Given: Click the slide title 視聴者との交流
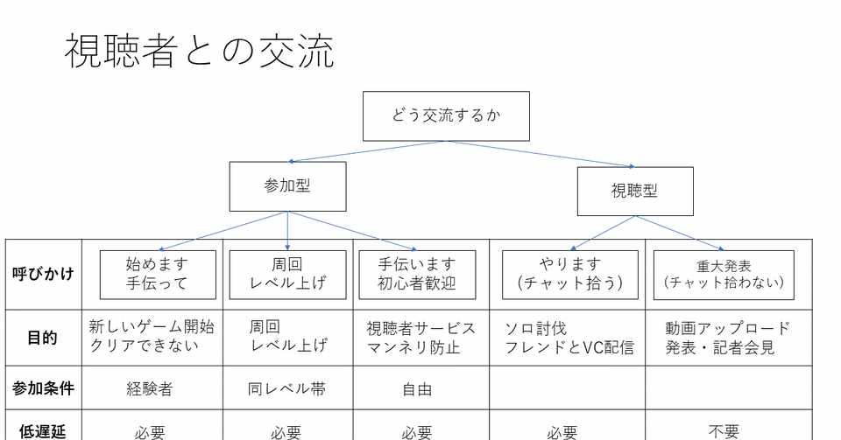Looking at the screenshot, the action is click(200, 52).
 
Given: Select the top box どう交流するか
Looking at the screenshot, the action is click(446, 116).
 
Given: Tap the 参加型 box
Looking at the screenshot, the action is click(287, 186).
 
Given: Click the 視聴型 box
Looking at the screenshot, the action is click(635, 191).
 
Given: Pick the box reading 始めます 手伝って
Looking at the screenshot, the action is click(158, 275).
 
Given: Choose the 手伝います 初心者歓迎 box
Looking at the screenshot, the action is click(417, 275).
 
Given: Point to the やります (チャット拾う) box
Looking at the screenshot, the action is click(570, 275).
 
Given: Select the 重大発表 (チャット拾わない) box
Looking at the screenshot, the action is click(724, 275).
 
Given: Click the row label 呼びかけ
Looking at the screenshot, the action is click(43, 274).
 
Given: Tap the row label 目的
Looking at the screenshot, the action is click(42, 338).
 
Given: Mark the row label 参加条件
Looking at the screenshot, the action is click(43, 388).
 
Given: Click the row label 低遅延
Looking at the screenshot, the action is click(43, 431).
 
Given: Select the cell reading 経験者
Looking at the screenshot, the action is click(150, 388).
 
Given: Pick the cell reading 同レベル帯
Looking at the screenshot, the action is click(287, 388).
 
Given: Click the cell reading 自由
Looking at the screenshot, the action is click(417, 389).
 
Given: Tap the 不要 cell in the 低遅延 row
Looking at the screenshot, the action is click(724, 431).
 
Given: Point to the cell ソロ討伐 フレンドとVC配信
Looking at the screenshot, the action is click(569, 339).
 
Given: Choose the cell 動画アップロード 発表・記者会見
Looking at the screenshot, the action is click(727, 339).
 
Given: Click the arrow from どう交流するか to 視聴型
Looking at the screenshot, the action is click(541, 154).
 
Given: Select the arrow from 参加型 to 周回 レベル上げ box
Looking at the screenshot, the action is click(287, 231).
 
